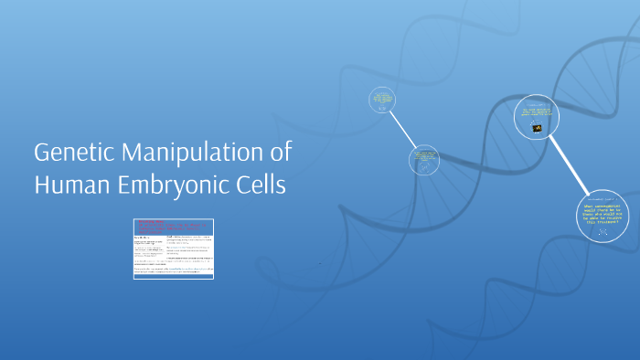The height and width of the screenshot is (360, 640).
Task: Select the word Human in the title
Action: click(72, 184)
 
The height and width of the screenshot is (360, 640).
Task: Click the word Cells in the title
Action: click(264, 184)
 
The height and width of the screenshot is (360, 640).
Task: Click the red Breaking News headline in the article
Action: click(152, 222)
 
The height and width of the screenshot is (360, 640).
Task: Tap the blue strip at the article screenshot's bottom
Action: click(174, 276)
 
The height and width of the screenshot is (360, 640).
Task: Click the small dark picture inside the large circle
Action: click(538, 128)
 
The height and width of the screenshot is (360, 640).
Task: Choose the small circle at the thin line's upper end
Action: click(383, 101)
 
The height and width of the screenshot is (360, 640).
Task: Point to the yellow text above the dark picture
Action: click(538, 113)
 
